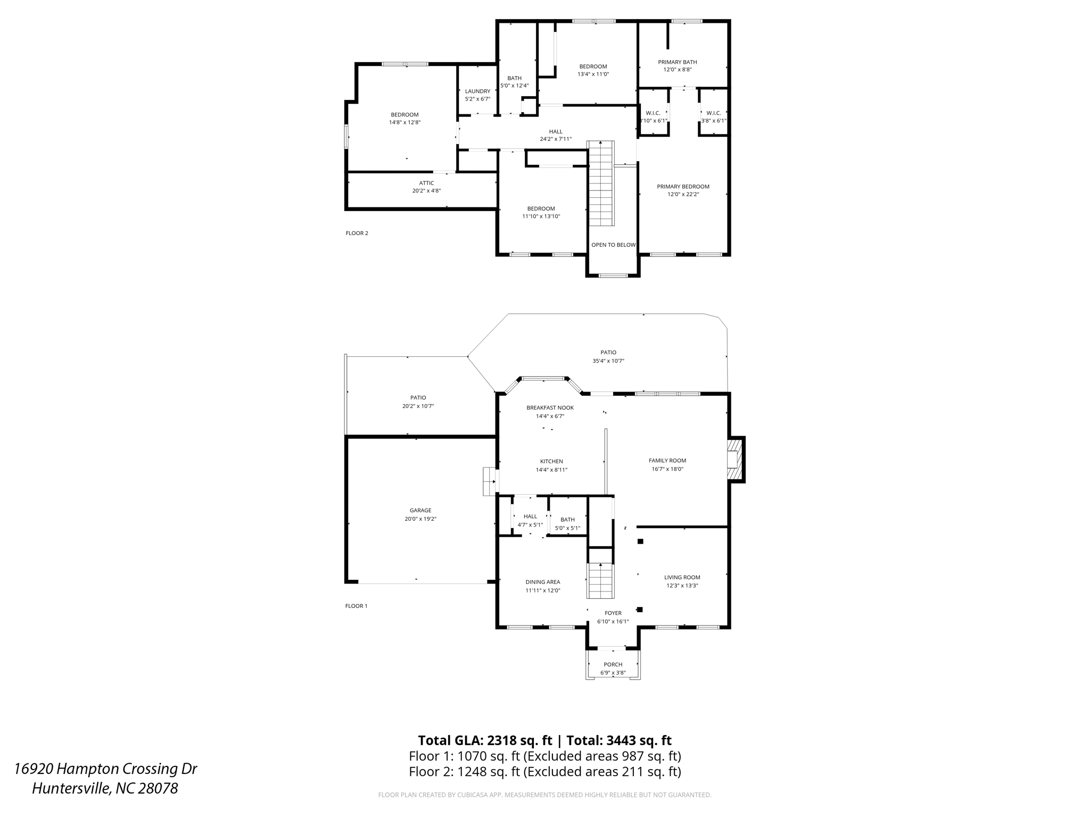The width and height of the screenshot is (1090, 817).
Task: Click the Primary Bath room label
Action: click(x=677, y=62)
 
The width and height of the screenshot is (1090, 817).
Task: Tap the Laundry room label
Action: click(x=477, y=91)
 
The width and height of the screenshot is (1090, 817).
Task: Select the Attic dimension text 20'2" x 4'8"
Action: click(x=426, y=191)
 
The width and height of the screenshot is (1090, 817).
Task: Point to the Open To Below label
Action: click(x=613, y=245)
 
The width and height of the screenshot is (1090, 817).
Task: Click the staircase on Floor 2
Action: click(x=601, y=184)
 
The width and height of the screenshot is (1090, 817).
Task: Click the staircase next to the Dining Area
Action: click(x=601, y=581)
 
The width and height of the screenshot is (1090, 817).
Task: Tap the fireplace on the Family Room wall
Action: click(x=735, y=460)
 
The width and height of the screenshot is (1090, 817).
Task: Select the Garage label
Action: click(x=420, y=511)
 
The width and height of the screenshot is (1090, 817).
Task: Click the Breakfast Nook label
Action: click(x=550, y=408)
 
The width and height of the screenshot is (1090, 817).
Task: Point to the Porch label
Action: click(x=613, y=665)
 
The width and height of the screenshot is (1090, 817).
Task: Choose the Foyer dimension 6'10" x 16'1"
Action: click(x=613, y=622)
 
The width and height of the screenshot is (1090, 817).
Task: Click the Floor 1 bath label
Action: click(x=567, y=520)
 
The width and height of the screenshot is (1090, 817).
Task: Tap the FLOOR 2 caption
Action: click(x=357, y=234)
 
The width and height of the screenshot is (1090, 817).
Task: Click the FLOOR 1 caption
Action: click(x=356, y=606)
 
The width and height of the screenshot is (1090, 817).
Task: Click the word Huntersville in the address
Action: click(x=71, y=788)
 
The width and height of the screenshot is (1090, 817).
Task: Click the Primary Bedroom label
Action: click(x=683, y=187)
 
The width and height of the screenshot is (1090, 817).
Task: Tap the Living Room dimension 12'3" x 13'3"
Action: click(x=682, y=586)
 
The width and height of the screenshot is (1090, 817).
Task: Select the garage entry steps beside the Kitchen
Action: click(x=489, y=481)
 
